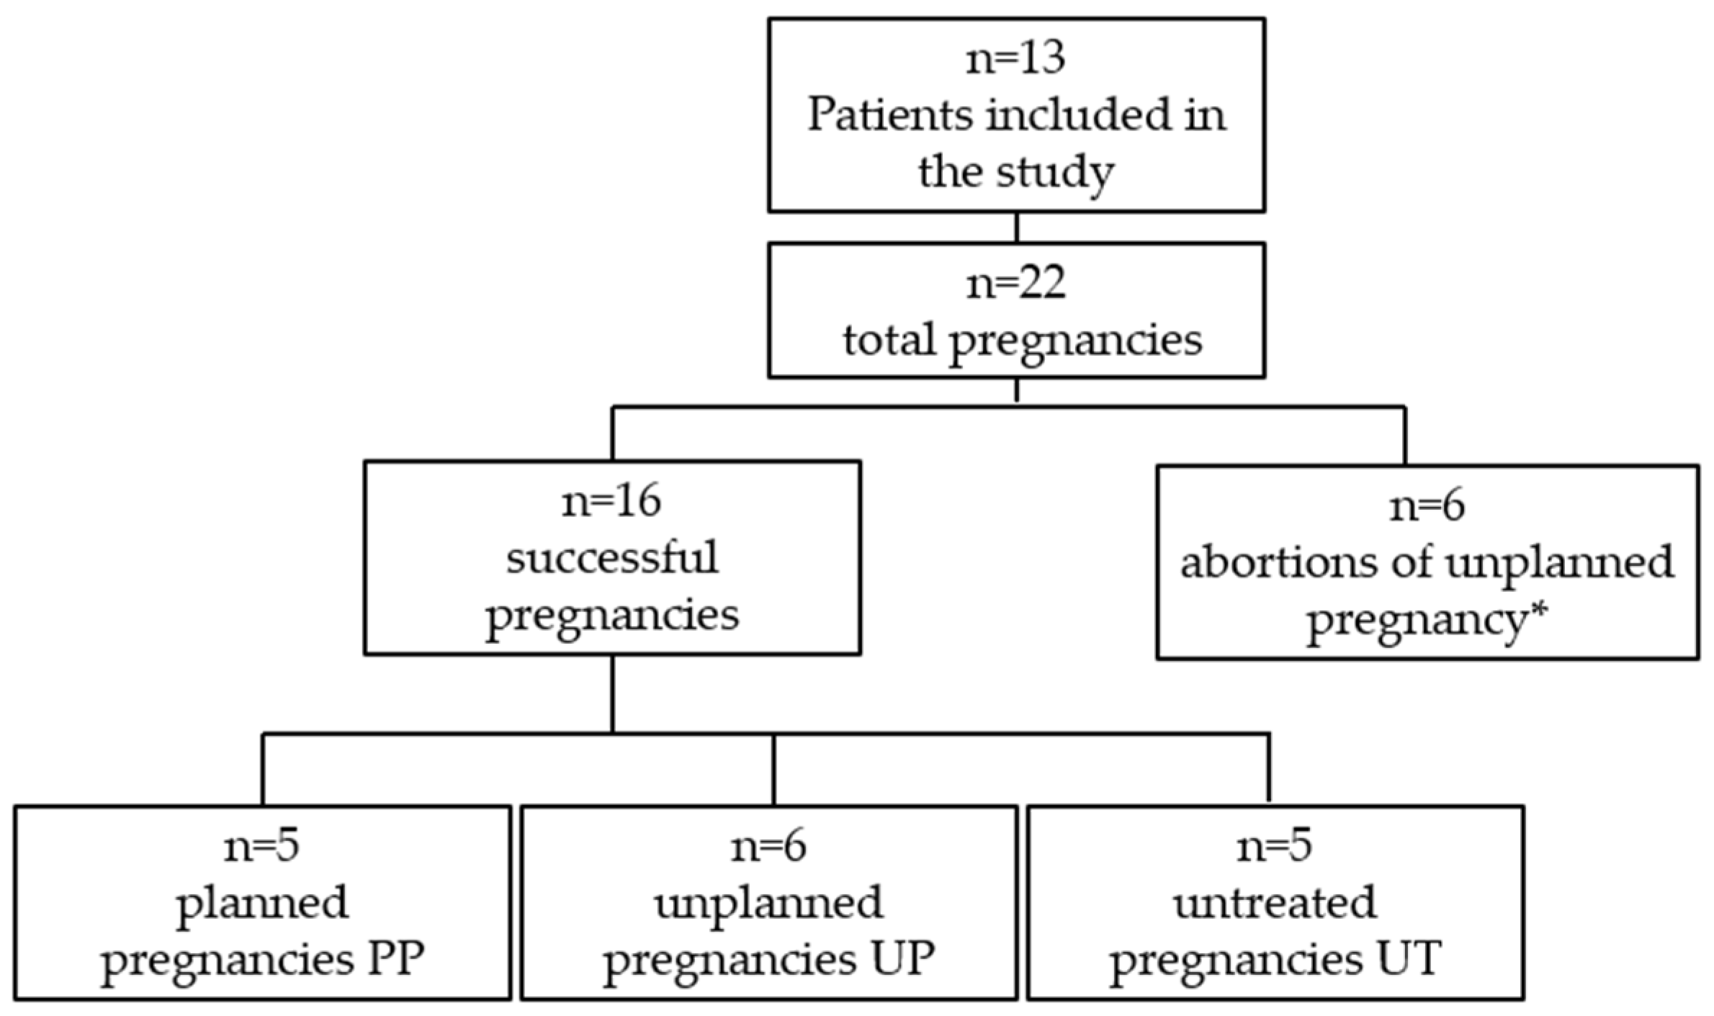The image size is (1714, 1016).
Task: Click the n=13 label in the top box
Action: pyautogui.click(x=1015, y=59)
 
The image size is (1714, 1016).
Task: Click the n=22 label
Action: pyautogui.click(x=1015, y=284)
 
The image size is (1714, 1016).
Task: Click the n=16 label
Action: pyautogui.click(x=611, y=501)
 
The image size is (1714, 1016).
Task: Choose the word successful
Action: pyautogui.click(x=611, y=558)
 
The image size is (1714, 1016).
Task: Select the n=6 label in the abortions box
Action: pyautogui.click(x=1427, y=506)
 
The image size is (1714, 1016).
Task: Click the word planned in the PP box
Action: pyautogui.click(x=262, y=903)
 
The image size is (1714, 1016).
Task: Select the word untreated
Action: pyautogui.click(x=1275, y=903)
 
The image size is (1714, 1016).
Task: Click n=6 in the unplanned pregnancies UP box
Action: pyautogui.click(x=768, y=847)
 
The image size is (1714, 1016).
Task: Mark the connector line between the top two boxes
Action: pyautogui.click(x=1016, y=228)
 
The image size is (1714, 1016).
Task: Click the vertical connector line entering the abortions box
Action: pyautogui.click(x=1404, y=436)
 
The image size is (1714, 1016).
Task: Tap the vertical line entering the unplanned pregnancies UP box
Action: pyautogui.click(x=773, y=769)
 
